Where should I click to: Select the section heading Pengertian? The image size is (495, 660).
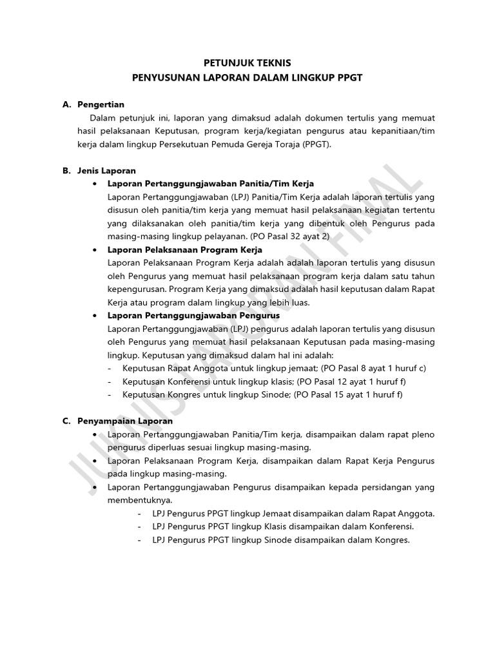pos(101,104)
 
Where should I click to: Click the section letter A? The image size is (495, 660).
pos(66,104)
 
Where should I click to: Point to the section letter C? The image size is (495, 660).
pos(66,421)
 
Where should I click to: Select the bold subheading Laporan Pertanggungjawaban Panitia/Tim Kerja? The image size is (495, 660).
pos(211,184)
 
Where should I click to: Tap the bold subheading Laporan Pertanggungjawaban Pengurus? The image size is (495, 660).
pos(193,316)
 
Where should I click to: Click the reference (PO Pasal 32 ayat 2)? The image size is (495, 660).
pos(289,237)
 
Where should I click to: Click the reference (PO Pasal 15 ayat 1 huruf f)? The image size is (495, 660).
pos(348,395)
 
